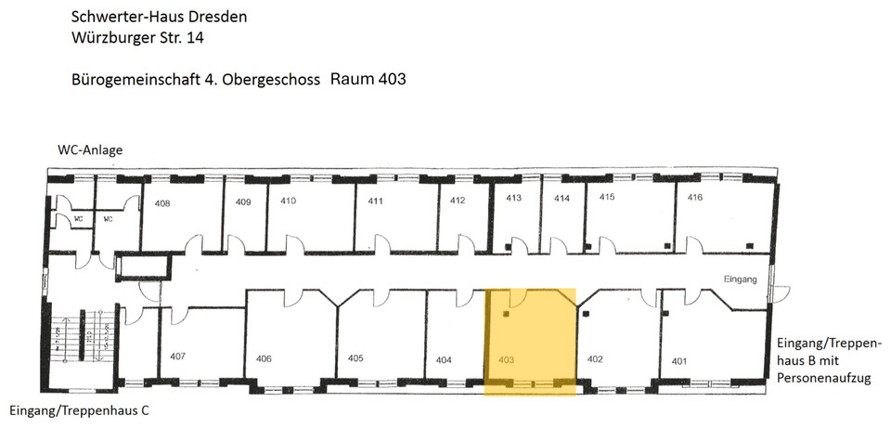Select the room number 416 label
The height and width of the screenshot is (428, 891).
click(695, 197)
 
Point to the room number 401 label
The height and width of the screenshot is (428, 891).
click(679, 361)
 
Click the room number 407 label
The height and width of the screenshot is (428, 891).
click(178, 357)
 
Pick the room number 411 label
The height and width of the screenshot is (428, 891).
click(376, 201)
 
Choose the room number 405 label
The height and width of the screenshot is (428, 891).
click(355, 358)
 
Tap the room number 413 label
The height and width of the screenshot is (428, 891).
click(513, 198)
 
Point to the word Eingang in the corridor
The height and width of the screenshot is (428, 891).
click(742, 279)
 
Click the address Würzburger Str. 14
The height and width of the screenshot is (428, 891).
click(140, 39)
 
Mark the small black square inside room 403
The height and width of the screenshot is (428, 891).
click(506, 314)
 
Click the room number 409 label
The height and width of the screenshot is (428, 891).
click(244, 201)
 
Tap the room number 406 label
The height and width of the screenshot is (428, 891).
click(264, 358)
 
